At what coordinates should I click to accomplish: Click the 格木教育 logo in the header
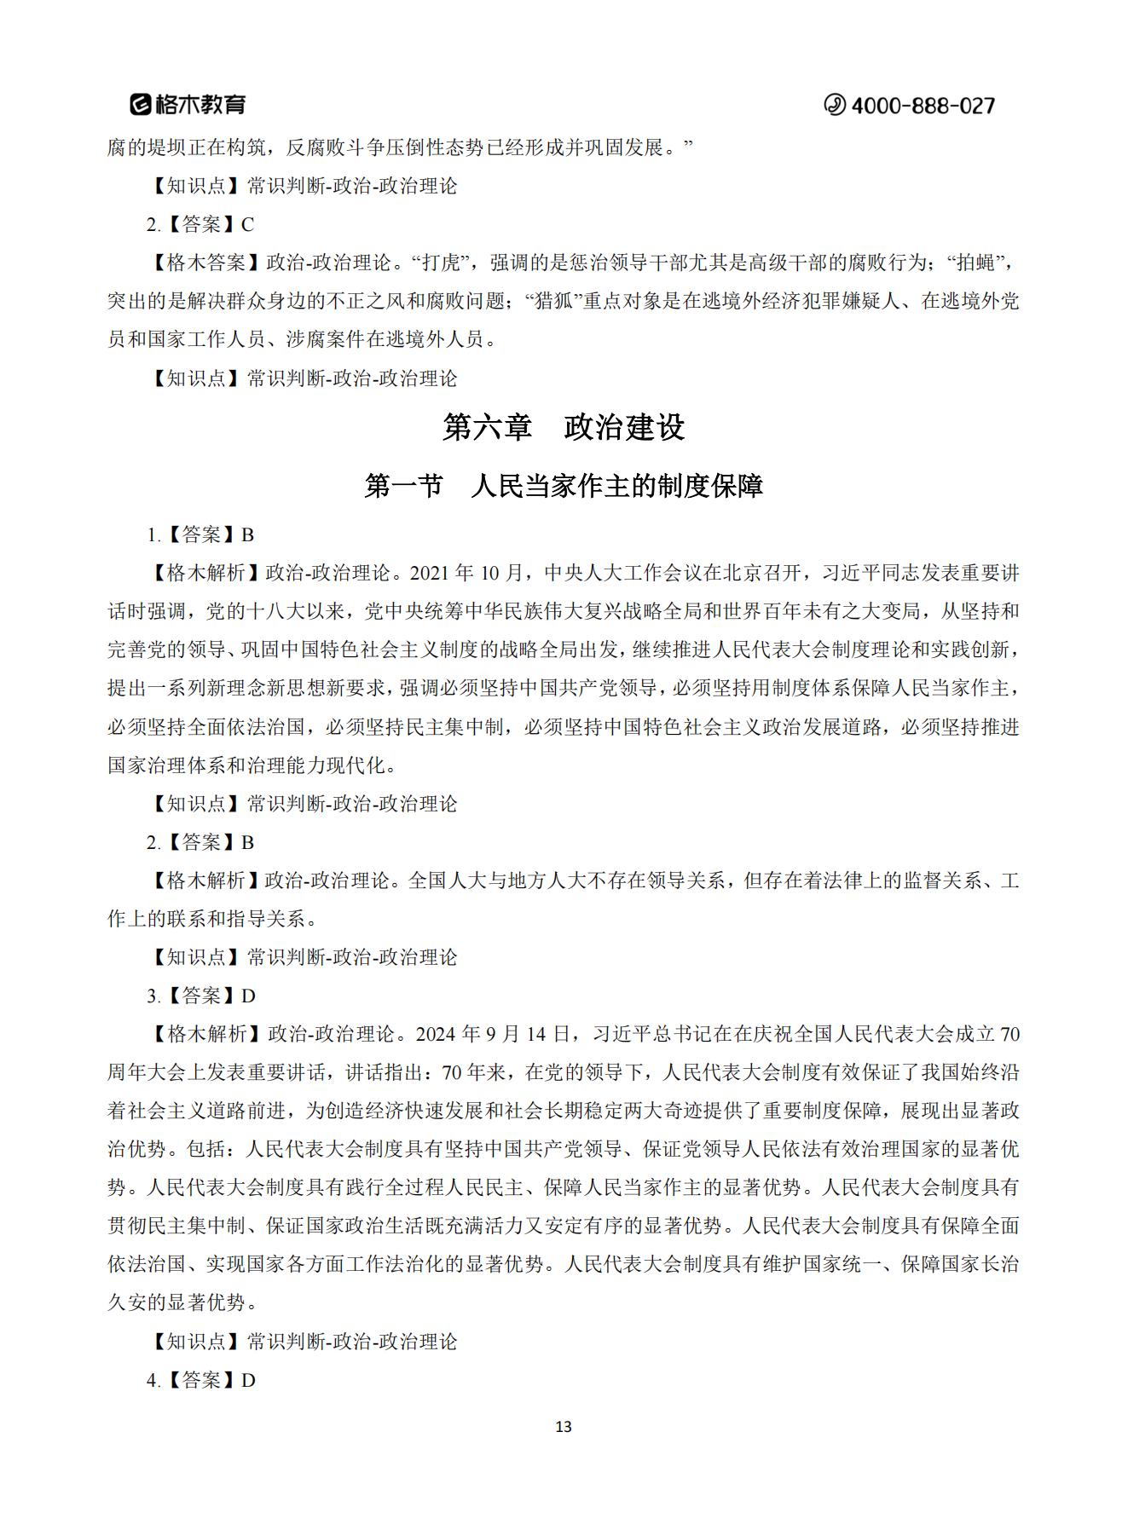(x=188, y=104)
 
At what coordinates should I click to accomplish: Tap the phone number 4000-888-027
(x=923, y=106)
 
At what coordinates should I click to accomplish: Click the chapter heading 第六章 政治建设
(x=564, y=427)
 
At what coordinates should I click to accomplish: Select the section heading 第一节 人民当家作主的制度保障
(x=564, y=486)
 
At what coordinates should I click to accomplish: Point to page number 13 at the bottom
(x=563, y=1427)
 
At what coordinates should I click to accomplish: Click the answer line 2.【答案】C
(x=200, y=224)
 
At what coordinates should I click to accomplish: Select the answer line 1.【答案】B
(x=200, y=534)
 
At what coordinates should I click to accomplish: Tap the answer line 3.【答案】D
(x=200, y=996)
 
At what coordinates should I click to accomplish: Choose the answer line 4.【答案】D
(x=200, y=1380)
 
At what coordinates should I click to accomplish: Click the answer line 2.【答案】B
(x=200, y=842)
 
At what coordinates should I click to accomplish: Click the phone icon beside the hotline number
(x=834, y=105)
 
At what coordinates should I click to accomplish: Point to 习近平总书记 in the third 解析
(x=648, y=1034)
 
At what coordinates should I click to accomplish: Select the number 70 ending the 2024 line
(x=1009, y=1034)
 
